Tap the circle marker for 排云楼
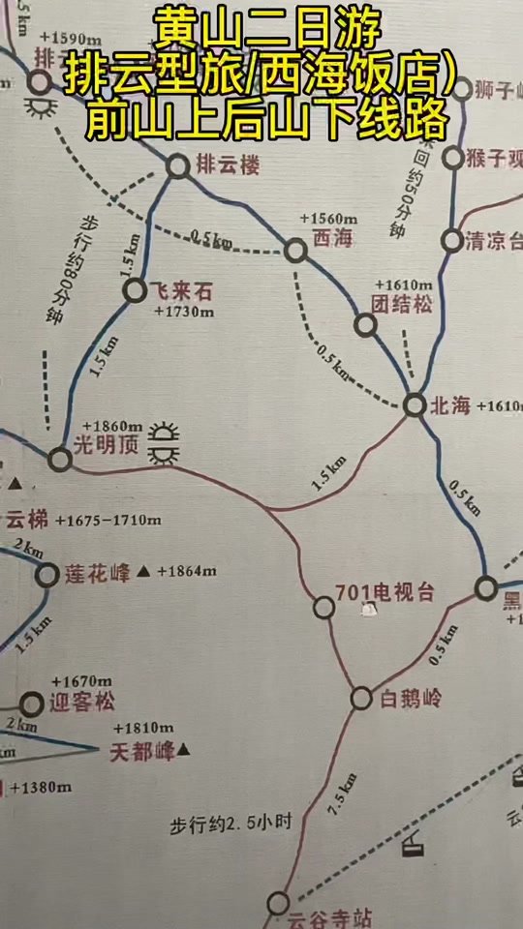(x=177, y=166)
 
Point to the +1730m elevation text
(x=182, y=311)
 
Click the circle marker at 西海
(x=295, y=252)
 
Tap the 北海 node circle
(x=415, y=405)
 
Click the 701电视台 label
(x=385, y=591)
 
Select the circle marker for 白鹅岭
(x=361, y=698)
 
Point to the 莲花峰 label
(x=97, y=572)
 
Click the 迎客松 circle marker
(x=33, y=704)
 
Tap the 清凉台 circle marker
(x=451, y=239)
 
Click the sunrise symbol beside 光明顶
(x=168, y=442)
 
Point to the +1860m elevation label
(x=112, y=426)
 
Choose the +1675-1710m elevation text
(x=108, y=521)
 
